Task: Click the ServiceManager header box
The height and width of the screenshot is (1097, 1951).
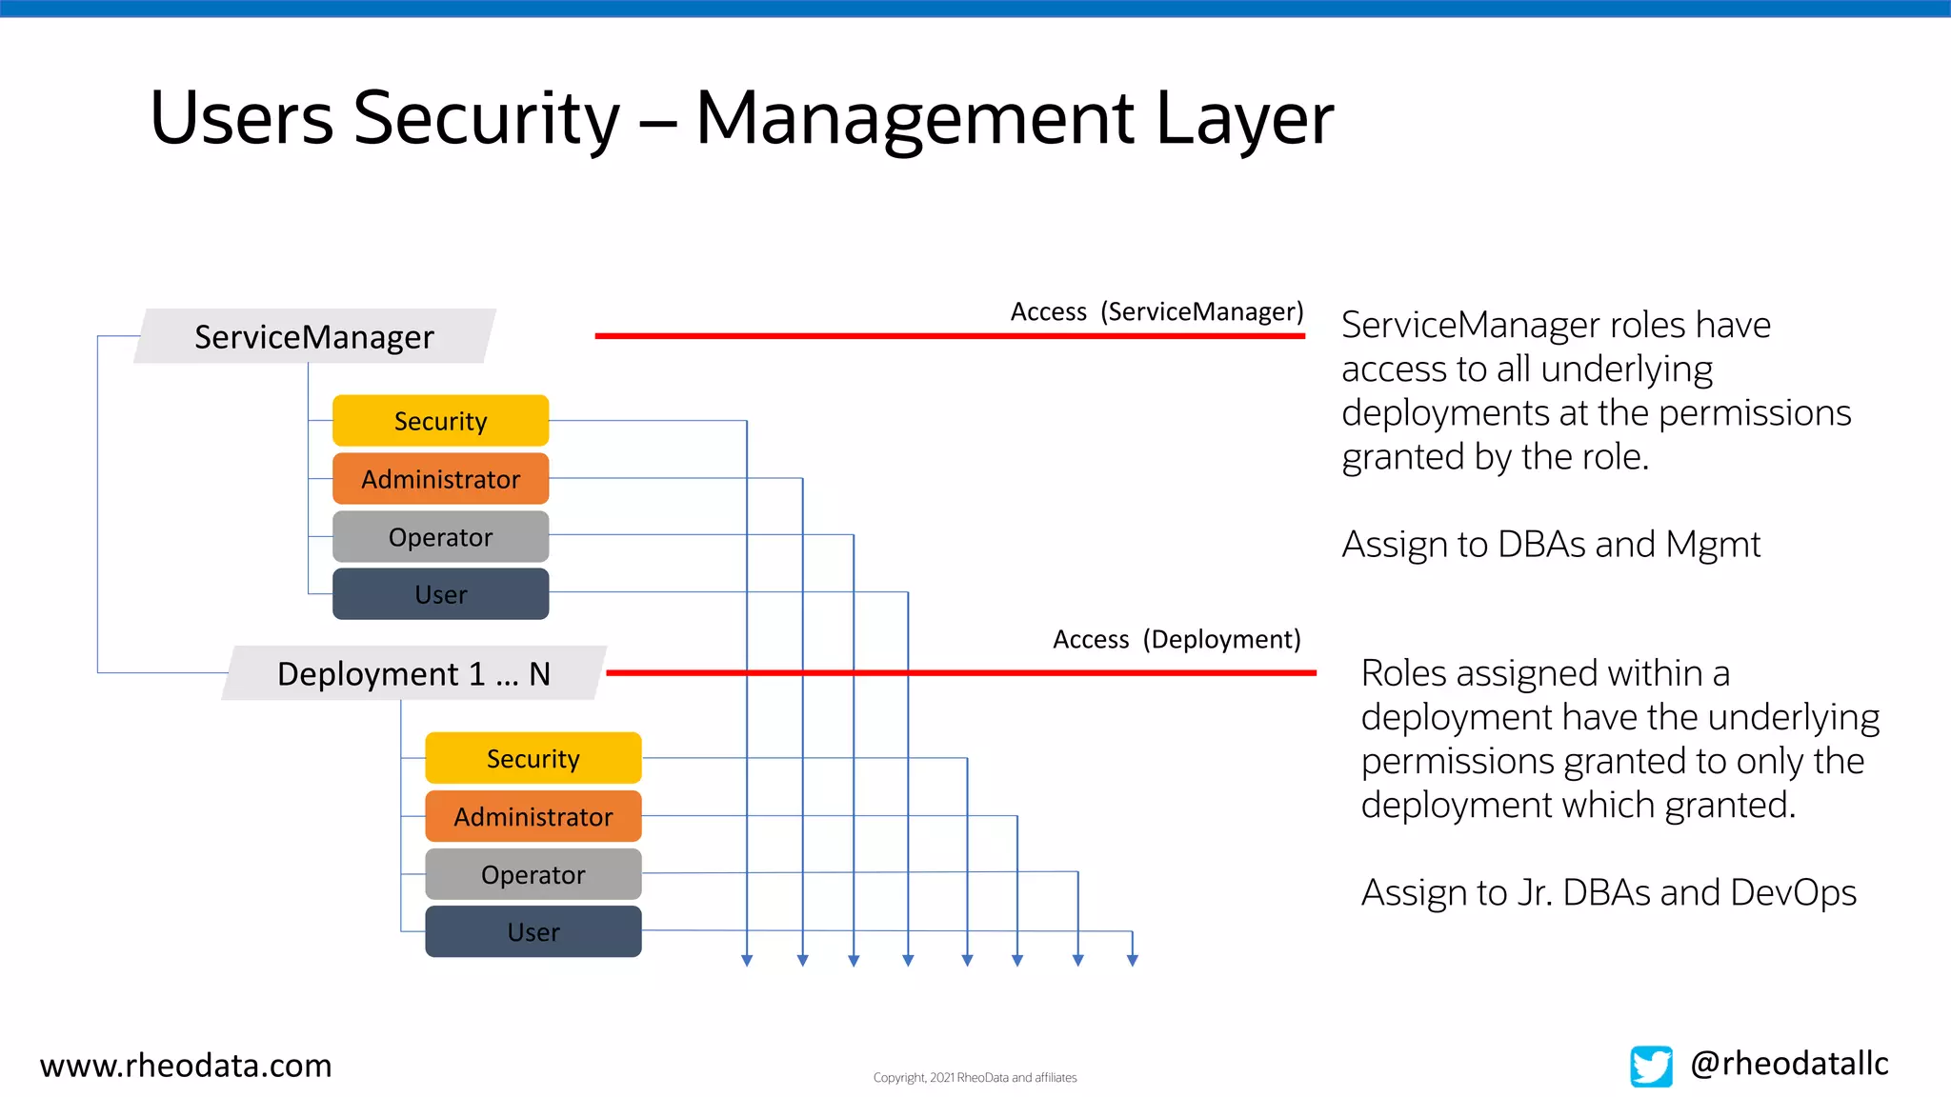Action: (314, 336)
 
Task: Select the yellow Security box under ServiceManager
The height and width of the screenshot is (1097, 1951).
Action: (440, 421)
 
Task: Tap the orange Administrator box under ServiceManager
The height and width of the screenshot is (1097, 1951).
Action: (440, 479)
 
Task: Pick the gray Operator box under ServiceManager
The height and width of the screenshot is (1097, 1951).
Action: (440, 537)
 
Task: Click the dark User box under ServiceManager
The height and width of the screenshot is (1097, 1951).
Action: (440, 594)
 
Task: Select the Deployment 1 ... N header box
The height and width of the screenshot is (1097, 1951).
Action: (413, 673)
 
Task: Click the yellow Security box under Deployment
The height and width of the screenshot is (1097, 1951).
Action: (533, 759)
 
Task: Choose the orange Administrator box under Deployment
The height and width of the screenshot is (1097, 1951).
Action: (533, 817)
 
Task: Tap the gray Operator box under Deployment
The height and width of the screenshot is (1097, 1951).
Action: (533, 874)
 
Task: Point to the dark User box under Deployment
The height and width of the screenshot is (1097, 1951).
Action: (533, 932)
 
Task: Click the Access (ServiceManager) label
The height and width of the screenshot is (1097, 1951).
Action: (1157, 312)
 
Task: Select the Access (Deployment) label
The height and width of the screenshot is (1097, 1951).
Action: (1177, 640)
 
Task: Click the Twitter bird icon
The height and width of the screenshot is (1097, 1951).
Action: (1651, 1066)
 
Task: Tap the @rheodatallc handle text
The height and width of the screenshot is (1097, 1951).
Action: (1789, 1064)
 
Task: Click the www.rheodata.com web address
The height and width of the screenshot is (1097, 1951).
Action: (186, 1066)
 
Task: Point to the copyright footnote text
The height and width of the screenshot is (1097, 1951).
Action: (975, 1078)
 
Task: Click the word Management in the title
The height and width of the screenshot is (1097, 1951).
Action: (915, 119)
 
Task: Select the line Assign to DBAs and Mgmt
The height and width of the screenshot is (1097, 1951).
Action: (1550, 545)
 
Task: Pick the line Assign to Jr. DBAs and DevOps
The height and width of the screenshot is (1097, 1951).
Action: (1608, 893)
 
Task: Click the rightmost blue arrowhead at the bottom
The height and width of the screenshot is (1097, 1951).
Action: (1133, 961)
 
